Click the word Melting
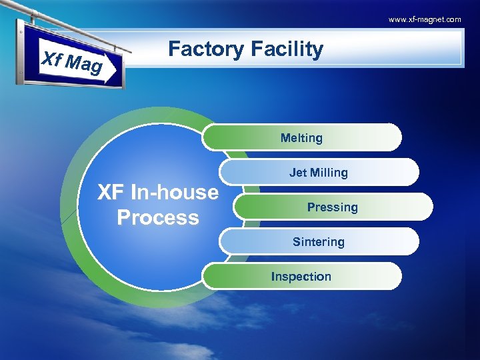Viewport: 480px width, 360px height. click(301, 138)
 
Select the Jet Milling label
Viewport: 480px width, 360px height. click(319, 173)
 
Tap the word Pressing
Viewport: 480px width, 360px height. click(332, 207)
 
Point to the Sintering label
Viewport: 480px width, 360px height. click(319, 242)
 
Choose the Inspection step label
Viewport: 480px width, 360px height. click(301, 277)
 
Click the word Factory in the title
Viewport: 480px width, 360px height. click(206, 49)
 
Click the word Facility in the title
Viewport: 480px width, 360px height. click(287, 49)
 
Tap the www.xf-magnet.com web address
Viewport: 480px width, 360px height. click(425, 19)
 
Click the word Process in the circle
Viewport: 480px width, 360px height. click(157, 217)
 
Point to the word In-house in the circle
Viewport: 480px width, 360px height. click(174, 193)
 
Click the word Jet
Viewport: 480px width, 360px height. click(298, 173)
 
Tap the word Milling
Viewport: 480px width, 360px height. click(329, 173)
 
